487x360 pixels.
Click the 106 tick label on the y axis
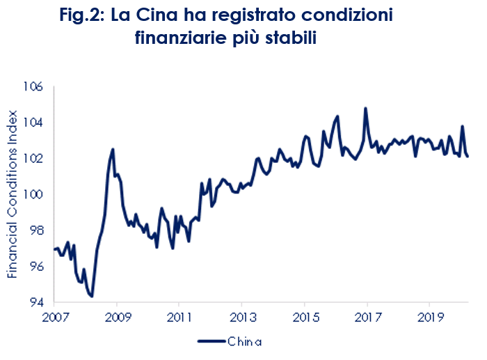35,86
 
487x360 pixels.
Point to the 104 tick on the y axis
35,123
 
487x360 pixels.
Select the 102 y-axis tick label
35,159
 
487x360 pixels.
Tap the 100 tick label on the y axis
35,194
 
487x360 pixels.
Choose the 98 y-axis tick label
36,230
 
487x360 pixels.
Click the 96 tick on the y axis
36,267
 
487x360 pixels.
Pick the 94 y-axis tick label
36,303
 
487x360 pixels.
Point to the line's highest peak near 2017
365,109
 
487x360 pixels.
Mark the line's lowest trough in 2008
92,296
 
